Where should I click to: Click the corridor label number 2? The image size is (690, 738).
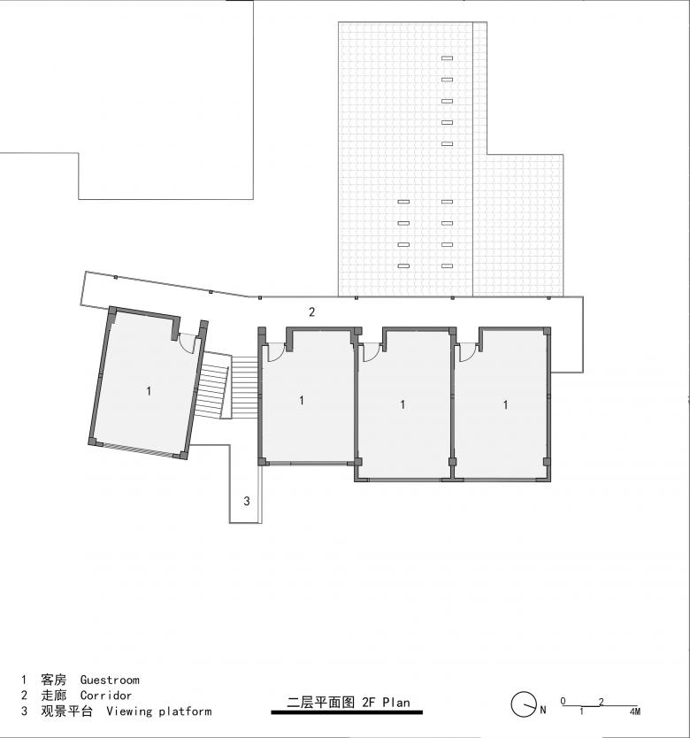point(311,311)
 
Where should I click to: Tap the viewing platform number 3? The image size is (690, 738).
point(247,501)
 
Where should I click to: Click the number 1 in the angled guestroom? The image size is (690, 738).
point(149,390)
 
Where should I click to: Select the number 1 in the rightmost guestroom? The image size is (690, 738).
point(505,404)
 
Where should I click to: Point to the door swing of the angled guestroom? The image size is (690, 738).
point(188,343)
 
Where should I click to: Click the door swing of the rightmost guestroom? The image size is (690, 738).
point(467,352)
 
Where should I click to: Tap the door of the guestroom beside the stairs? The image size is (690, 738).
point(276,352)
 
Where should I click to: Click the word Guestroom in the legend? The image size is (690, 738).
point(110,680)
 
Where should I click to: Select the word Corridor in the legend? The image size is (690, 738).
point(106,696)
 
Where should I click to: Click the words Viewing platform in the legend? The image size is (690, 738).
point(159,711)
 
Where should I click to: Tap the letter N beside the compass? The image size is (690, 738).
point(543,710)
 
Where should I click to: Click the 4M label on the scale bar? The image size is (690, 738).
point(635,711)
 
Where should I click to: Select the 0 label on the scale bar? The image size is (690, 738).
point(563,701)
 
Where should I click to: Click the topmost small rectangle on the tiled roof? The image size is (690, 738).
point(447,58)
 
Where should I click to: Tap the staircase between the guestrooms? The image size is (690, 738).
point(226,386)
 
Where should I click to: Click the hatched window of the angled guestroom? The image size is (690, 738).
point(137,449)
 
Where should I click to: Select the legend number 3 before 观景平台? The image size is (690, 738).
point(25,711)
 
